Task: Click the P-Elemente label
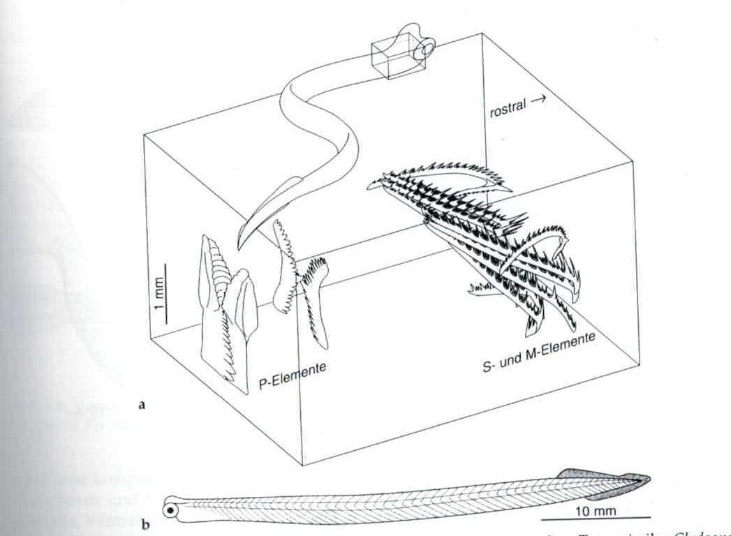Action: pyautogui.click(x=293, y=375)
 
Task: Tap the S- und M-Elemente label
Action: pyautogui.click(x=539, y=353)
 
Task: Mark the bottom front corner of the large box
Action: pyautogui.click(x=302, y=465)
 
